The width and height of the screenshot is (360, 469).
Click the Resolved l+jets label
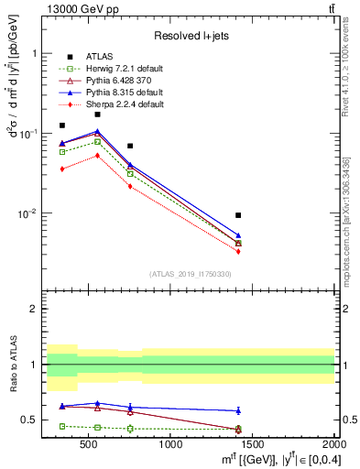click(x=189, y=36)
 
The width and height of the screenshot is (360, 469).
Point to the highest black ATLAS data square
click(x=98, y=115)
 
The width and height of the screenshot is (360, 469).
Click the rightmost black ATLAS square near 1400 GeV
click(x=238, y=215)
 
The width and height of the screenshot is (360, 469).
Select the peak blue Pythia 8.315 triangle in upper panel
click(x=98, y=132)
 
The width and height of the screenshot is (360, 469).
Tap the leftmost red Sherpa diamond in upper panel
click(x=62, y=169)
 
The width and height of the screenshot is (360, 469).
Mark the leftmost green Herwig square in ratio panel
click(x=62, y=426)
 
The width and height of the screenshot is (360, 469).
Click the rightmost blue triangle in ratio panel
click(x=238, y=410)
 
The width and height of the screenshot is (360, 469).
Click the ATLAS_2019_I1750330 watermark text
click(x=189, y=274)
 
